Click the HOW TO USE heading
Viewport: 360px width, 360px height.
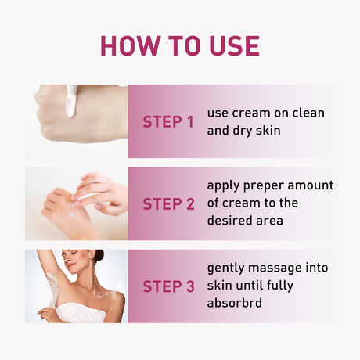[179, 45]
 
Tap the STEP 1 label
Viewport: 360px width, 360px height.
[167, 122]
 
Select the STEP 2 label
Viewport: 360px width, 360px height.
[168, 204]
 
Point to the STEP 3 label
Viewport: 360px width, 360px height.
[168, 286]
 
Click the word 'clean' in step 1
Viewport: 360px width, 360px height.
[308, 113]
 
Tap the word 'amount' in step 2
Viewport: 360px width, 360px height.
[309, 186]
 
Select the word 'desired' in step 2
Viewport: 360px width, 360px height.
[231, 221]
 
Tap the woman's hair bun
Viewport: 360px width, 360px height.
[99, 255]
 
